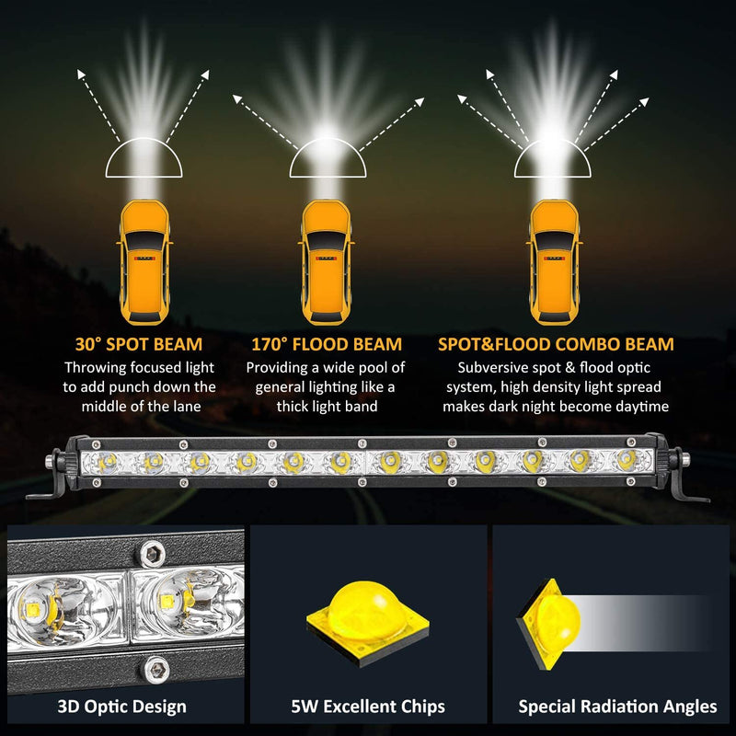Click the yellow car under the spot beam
(144, 262)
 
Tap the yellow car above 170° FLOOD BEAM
(327, 262)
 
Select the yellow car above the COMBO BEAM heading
(555, 262)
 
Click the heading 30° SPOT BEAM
(139, 344)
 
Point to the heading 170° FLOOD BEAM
(327, 344)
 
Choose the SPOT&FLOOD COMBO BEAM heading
(556, 344)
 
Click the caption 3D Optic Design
(122, 707)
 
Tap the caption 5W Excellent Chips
(368, 707)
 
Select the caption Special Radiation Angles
(617, 707)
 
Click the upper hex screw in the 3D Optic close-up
(151, 554)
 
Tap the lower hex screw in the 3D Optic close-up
(155, 670)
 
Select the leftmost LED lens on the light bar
(107, 463)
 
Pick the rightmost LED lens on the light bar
(627, 460)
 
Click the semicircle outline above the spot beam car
(144, 157)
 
